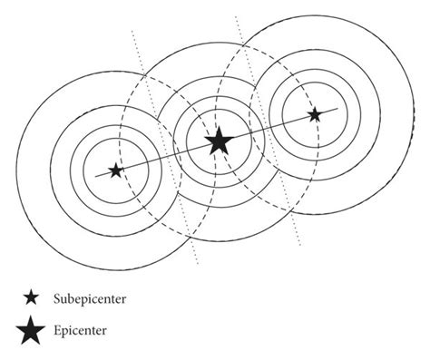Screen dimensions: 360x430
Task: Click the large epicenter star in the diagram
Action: coord(218,141)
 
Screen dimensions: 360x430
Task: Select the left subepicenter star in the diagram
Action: coord(114,170)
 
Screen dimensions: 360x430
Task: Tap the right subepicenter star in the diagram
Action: coord(314,115)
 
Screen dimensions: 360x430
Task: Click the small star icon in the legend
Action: coord(32,297)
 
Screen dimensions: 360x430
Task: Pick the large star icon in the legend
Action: coord(32,332)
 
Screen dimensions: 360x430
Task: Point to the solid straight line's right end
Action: coord(337,109)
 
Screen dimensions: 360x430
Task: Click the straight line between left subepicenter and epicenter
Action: coord(163,157)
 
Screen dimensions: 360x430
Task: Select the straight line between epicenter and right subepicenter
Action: coord(268,128)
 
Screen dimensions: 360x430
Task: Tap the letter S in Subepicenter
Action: coord(57,297)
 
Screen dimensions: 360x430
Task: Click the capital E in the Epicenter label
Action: coord(57,332)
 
